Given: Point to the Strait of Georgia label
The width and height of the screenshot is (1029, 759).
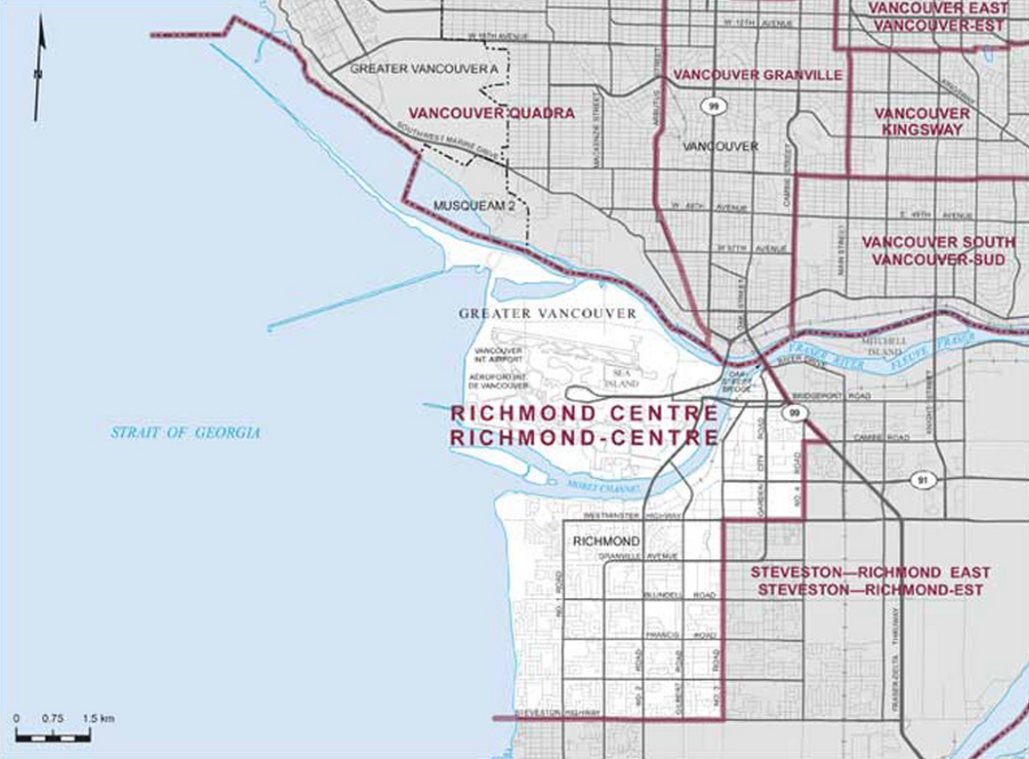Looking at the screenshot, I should point(185,432).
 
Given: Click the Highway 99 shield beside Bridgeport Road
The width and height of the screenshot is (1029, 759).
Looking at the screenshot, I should point(795,414).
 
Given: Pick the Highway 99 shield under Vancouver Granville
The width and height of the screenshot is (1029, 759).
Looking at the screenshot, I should point(717,105).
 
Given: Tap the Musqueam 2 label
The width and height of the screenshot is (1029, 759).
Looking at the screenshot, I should point(473,206).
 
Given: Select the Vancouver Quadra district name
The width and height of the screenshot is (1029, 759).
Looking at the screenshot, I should point(491,113).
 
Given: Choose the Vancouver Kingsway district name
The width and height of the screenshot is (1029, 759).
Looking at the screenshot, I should point(922,121).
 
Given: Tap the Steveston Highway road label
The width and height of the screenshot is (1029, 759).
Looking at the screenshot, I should point(554,712).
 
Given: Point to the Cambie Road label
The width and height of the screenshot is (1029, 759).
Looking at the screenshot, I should point(878,437).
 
